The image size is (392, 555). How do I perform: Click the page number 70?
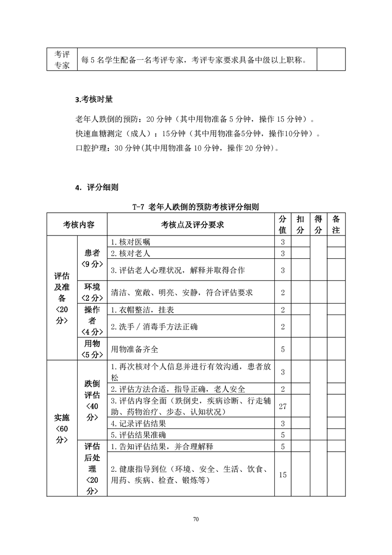(x=196, y=519)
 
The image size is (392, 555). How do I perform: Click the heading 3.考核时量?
(x=94, y=99)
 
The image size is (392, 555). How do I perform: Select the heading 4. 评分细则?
(x=96, y=187)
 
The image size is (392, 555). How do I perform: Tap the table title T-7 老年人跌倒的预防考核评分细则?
(x=196, y=207)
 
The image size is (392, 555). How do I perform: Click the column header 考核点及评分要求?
(x=192, y=225)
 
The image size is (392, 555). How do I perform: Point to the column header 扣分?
(x=300, y=225)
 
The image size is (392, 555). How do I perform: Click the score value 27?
(x=283, y=406)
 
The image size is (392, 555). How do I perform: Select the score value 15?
(x=283, y=474)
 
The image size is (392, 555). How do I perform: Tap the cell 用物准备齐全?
(x=135, y=349)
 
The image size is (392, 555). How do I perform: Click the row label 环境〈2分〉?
(x=92, y=292)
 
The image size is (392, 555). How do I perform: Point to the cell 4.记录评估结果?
(x=138, y=423)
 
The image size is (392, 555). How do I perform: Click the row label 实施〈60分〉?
(x=62, y=428)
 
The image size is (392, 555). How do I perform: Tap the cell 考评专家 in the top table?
(x=62, y=59)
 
